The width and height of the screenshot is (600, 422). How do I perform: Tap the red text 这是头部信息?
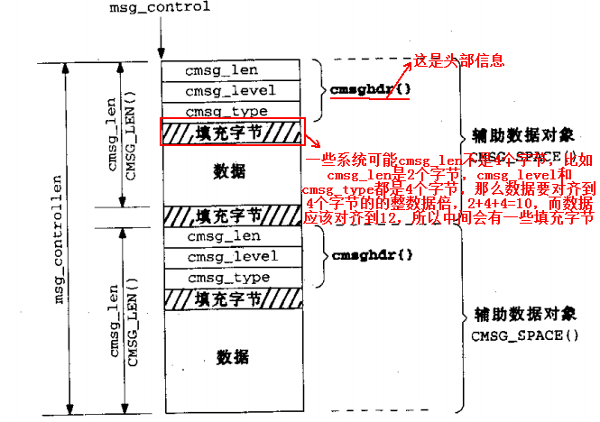coord(458,60)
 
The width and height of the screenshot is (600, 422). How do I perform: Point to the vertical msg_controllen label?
coord(60,239)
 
